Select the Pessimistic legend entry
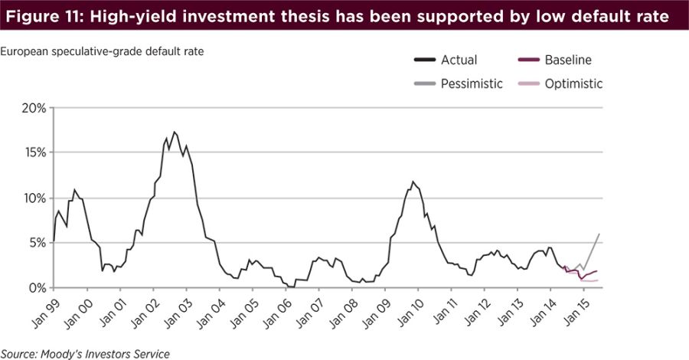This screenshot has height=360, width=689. coord(472,83)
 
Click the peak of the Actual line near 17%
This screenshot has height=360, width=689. coord(174,132)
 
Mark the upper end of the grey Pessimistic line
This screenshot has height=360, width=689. coord(599,234)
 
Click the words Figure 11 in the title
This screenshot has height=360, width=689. coord(44,16)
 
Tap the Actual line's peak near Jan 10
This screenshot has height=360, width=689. coord(413,182)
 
